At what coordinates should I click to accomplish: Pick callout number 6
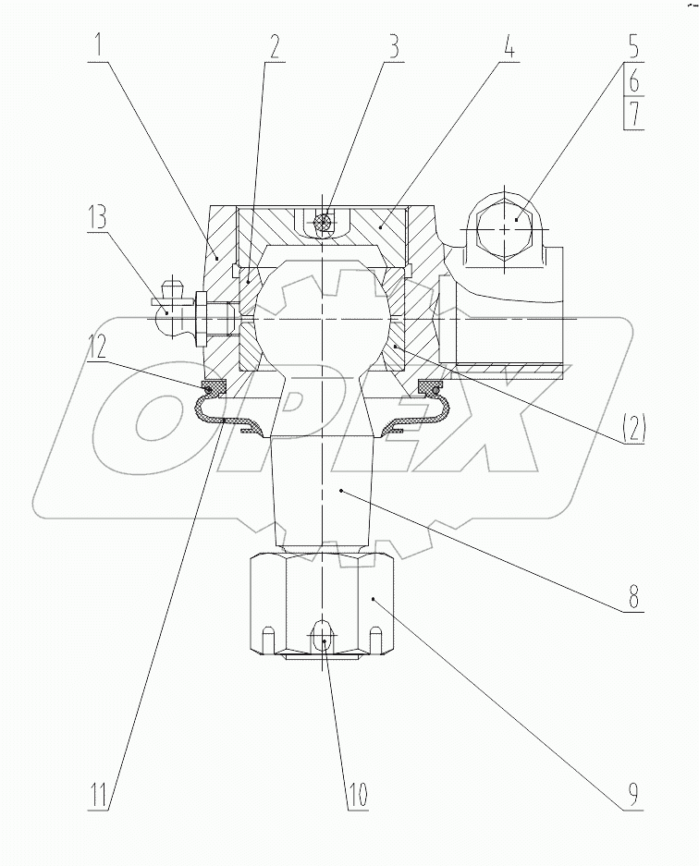pos(633,81)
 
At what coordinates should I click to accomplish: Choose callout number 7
pos(633,115)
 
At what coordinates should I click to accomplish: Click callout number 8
pos(633,594)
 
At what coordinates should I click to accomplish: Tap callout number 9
pos(633,792)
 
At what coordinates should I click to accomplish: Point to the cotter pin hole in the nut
pos(321,637)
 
